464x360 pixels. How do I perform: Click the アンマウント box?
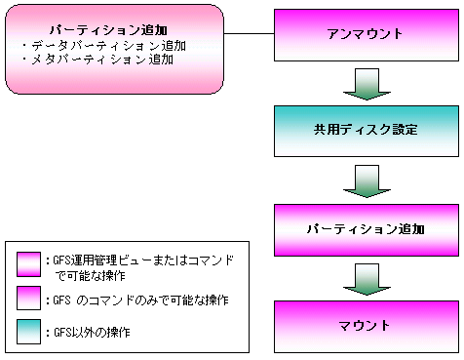tap(367, 35)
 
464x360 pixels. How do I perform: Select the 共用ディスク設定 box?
tap(367, 131)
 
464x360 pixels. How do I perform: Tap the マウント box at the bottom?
tap(367, 327)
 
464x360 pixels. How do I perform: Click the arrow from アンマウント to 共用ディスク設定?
tap(367, 84)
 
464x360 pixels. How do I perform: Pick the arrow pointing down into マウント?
tap(367, 279)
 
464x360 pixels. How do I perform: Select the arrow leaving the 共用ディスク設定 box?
tap(367, 180)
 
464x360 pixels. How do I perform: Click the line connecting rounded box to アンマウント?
tap(249, 33)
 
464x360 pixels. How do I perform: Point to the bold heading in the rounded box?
tap(108, 30)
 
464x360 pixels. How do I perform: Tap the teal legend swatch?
tap(28, 332)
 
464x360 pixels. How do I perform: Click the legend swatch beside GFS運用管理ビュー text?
tap(28, 264)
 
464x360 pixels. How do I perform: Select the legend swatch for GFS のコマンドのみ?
tap(28, 298)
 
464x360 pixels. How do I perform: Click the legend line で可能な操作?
tap(90, 276)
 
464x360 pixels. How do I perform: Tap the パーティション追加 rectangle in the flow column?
tap(367, 230)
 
